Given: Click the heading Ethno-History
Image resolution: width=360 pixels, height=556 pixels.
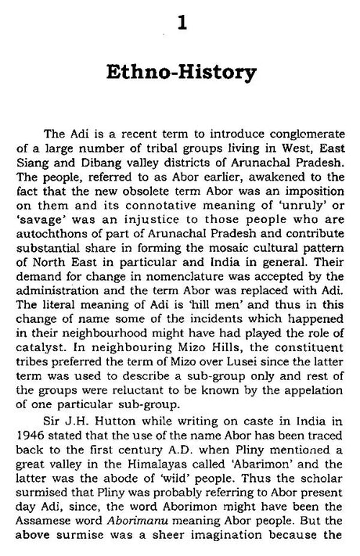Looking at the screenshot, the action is [x=181, y=76].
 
